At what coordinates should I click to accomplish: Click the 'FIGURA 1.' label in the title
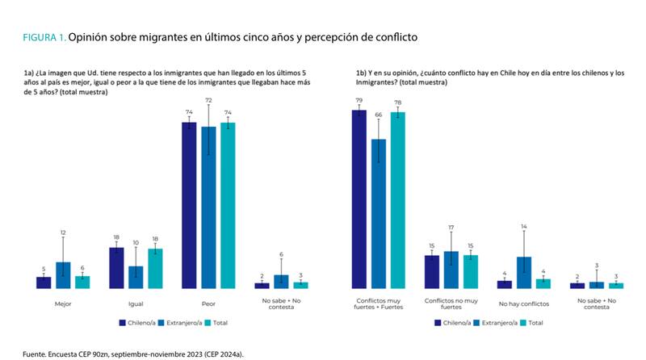click(x=44, y=37)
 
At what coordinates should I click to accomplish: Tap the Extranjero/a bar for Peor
click(x=209, y=207)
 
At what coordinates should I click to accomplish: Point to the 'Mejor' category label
click(x=63, y=304)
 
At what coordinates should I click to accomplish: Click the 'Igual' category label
click(x=136, y=304)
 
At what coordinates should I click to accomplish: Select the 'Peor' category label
click(x=208, y=304)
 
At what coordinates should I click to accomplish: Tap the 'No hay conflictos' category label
click(x=523, y=304)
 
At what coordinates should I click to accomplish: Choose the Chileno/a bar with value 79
click(x=359, y=199)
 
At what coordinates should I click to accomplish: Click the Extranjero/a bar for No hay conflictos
click(x=523, y=272)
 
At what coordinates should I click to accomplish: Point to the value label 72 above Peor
click(x=208, y=100)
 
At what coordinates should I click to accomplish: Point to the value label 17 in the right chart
click(x=451, y=228)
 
